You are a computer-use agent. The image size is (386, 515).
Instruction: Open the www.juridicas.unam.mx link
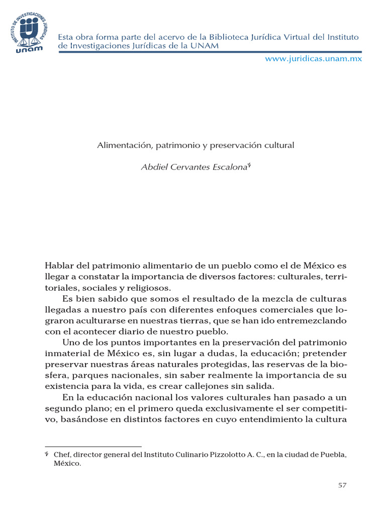[313, 58]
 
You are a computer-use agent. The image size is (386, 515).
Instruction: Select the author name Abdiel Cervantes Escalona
[194, 167]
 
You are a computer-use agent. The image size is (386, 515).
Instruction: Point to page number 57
[342, 485]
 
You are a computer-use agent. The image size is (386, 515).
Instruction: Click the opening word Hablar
[59, 266]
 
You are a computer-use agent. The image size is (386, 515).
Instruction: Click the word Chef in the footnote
[62, 455]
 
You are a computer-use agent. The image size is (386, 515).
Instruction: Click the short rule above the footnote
[93, 446]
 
